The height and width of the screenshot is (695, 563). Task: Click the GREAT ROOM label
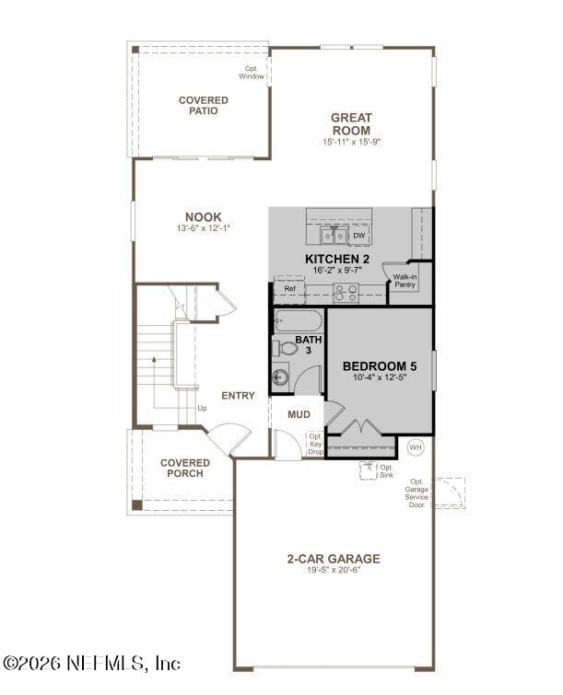tap(351, 123)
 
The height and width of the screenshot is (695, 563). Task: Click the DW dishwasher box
tap(359, 236)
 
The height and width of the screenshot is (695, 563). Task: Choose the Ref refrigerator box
tap(289, 289)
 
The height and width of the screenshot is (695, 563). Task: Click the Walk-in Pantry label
tap(405, 281)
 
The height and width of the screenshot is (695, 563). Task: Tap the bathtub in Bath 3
tap(298, 321)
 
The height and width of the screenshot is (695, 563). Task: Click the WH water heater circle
tap(416, 447)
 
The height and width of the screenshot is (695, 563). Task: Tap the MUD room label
tap(299, 414)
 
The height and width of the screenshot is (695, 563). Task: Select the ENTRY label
tap(238, 396)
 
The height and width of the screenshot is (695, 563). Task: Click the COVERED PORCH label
tap(184, 468)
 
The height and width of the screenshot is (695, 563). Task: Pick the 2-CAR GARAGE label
tap(333, 558)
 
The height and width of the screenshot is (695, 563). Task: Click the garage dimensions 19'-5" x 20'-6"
tap(333, 571)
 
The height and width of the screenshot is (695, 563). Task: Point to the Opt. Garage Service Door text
tap(417, 493)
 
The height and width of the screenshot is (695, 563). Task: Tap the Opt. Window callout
tap(252, 72)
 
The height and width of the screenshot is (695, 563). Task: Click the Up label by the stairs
tap(202, 408)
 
